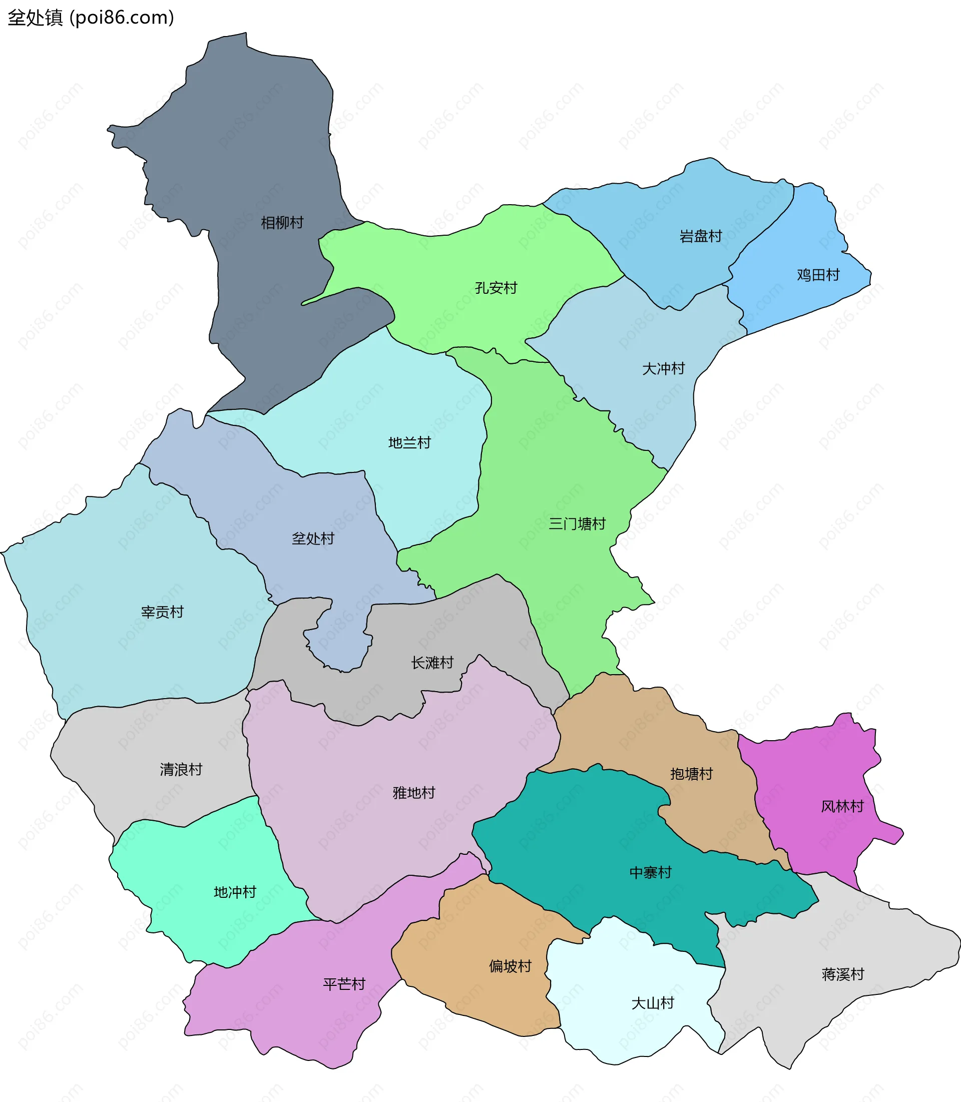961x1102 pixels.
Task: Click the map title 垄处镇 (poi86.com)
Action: tap(91, 18)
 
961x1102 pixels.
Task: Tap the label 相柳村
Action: tap(282, 223)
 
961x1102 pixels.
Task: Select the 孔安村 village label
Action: tap(496, 288)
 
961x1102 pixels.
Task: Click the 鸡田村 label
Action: tap(818, 275)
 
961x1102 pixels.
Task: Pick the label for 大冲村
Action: tap(663, 369)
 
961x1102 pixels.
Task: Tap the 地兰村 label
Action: tap(409, 443)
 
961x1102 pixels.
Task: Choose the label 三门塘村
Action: tap(577, 524)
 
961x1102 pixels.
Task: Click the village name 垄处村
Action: tap(313, 538)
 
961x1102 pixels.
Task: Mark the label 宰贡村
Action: tap(162, 612)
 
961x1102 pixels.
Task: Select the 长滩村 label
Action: tap(432, 663)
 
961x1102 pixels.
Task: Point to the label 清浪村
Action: tap(181, 770)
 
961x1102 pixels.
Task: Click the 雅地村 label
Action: tap(413, 793)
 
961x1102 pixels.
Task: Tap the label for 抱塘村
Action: tap(691, 774)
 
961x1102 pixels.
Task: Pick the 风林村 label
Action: tap(842, 807)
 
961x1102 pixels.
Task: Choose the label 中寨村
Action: tap(650, 872)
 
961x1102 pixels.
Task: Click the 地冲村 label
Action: tap(235, 892)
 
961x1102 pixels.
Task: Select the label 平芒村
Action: tap(344, 984)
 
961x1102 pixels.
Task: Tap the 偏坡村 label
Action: tap(510, 966)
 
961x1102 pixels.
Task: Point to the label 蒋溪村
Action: tap(843, 974)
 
